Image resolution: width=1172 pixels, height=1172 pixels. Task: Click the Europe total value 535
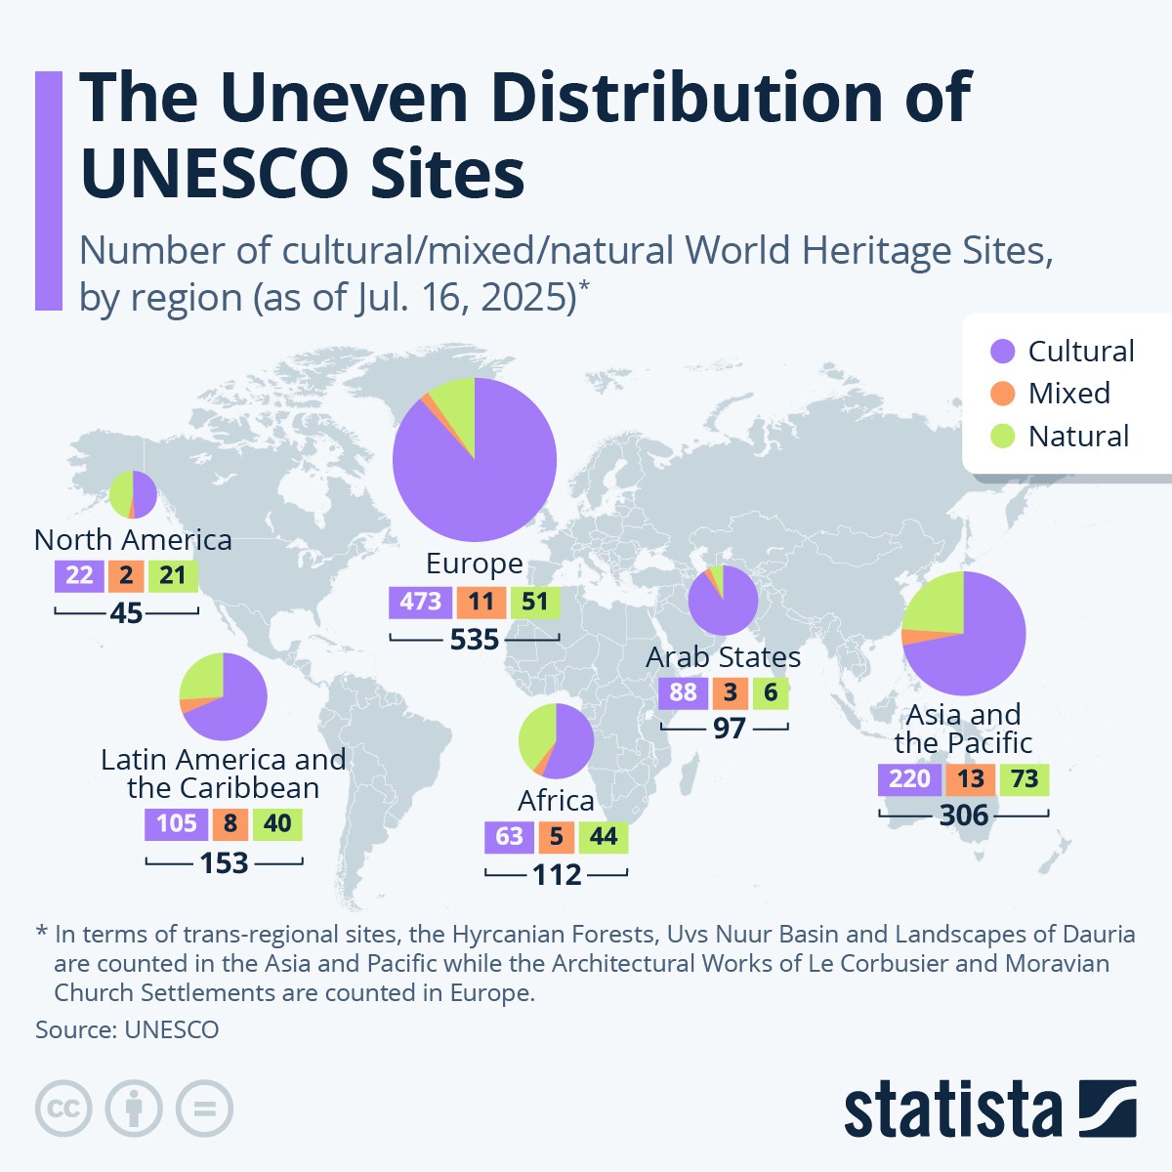click(x=475, y=640)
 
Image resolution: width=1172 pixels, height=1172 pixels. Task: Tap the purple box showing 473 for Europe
click(x=420, y=602)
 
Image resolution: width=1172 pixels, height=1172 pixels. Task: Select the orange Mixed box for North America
click(x=126, y=575)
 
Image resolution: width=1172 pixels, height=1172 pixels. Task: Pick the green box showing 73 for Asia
click(x=1024, y=778)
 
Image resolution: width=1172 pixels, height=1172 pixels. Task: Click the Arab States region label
click(x=723, y=657)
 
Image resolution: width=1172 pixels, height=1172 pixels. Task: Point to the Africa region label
click(x=556, y=801)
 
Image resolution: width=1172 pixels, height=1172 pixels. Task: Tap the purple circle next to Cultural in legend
click(x=1003, y=352)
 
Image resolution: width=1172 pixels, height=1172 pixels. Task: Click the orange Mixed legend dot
click(x=1003, y=394)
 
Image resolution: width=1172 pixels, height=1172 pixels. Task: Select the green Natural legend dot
click(x=1003, y=437)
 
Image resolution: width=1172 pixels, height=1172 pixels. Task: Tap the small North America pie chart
click(x=133, y=494)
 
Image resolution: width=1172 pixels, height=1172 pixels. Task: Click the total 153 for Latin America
click(x=225, y=863)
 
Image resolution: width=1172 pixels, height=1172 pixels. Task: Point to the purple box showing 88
click(x=683, y=692)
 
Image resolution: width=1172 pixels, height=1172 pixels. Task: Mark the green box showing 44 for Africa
click(x=603, y=837)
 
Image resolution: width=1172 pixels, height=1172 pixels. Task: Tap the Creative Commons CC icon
click(x=63, y=1109)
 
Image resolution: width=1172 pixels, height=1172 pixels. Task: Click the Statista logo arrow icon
click(x=1108, y=1109)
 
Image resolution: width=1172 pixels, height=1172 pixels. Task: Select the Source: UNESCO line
click(x=127, y=1029)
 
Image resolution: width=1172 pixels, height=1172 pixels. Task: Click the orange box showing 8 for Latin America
click(x=230, y=823)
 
